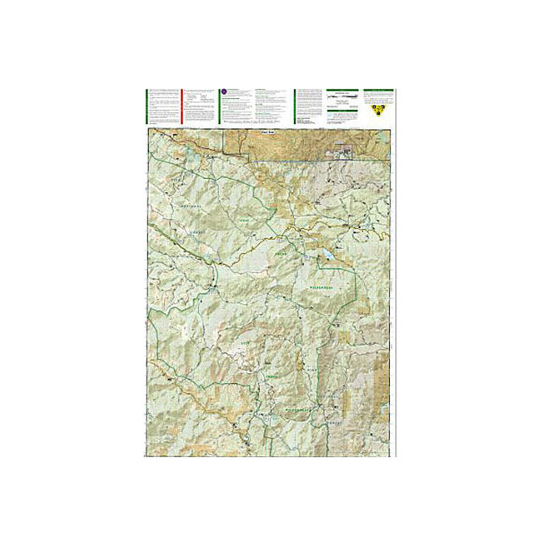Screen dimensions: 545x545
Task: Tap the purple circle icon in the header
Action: click(x=223, y=92)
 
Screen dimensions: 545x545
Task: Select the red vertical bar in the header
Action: click(x=182, y=107)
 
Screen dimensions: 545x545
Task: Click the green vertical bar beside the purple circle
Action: click(x=219, y=107)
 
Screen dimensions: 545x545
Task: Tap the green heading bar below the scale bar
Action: click(x=342, y=112)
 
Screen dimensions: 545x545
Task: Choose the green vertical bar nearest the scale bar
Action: click(x=295, y=107)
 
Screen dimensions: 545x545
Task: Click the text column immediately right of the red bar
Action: click(x=199, y=107)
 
